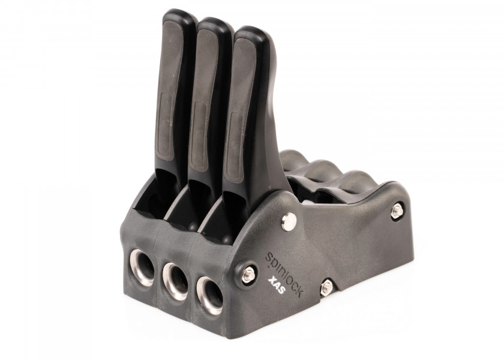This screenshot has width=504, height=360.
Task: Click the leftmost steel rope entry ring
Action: click(x=142, y=268)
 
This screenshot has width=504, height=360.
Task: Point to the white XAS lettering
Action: click(x=276, y=285)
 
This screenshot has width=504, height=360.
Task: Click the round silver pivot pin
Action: click(x=289, y=222)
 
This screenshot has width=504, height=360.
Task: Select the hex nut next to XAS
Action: click(x=248, y=275)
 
